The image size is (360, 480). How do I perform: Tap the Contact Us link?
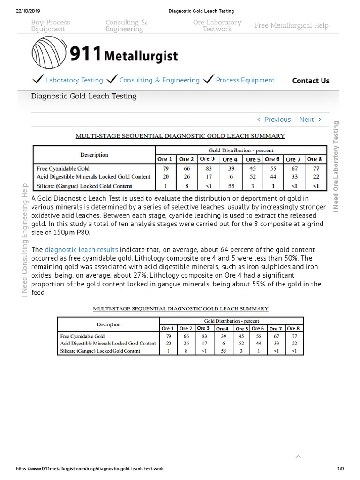click(x=310, y=81)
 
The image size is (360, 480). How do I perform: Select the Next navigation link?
click(x=310, y=120)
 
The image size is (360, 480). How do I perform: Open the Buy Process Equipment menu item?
click(x=51, y=26)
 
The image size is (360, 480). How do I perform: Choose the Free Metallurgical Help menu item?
click(x=291, y=26)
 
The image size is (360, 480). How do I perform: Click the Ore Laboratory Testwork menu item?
click(x=217, y=26)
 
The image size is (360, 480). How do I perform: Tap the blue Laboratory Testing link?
click(x=74, y=80)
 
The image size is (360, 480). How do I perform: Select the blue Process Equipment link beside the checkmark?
click(x=245, y=80)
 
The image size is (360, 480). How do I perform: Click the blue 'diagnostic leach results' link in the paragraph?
click(x=81, y=250)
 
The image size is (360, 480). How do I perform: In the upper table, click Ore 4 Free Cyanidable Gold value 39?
click(x=230, y=168)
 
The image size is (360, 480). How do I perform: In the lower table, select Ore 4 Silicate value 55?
click(x=223, y=351)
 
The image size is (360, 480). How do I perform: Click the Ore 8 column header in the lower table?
click(x=293, y=329)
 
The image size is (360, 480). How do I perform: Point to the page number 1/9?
click(x=341, y=469)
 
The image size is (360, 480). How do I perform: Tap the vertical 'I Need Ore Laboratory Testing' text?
click(x=336, y=166)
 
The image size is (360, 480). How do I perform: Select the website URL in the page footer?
click(x=90, y=469)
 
